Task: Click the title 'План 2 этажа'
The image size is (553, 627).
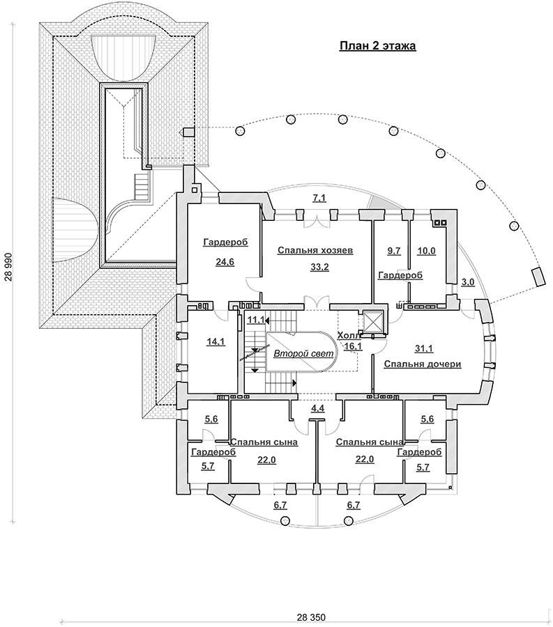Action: pyautogui.click(x=377, y=47)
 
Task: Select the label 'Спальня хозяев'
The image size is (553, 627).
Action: pyautogui.click(x=315, y=250)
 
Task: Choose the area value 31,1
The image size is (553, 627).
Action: pyautogui.click(x=423, y=348)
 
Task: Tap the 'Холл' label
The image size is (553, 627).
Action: pyautogui.click(x=347, y=335)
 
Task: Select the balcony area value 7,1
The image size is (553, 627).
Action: pyautogui.click(x=319, y=199)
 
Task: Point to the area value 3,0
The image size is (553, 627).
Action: pyautogui.click(x=468, y=281)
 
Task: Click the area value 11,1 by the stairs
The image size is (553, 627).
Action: pyautogui.click(x=255, y=320)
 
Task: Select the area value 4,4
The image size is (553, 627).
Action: pyautogui.click(x=317, y=408)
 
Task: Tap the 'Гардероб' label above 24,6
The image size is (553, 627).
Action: pyautogui.click(x=224, y=242)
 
